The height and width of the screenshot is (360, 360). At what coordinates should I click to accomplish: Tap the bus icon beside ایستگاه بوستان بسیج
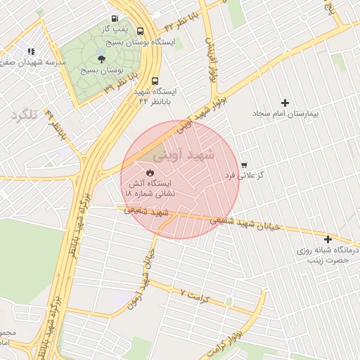pyautogui.click(x=141, y=31)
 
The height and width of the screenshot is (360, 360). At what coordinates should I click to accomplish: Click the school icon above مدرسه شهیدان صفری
pyautogui.click(x=30, y=51)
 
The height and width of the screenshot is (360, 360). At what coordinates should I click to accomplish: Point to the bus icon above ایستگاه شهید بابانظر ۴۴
pyautogui.click(x=155, y=80)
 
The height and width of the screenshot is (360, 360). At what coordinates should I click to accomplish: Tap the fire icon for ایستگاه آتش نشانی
pyautogui.click(x=150, y=172)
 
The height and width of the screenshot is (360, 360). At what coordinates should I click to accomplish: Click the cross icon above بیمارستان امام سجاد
pyautogui.click(x=285, y=103)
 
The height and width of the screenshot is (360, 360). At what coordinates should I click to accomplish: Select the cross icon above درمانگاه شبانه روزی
pyautogui.click(x=328, y=239)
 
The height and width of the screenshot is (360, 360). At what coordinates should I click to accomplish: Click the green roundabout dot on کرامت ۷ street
pyautogui.click(x=229, y=302)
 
